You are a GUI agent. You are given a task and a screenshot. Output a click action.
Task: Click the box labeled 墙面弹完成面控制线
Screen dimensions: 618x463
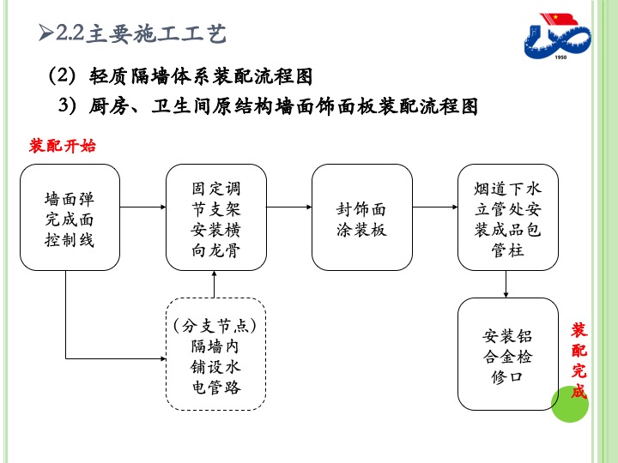70,217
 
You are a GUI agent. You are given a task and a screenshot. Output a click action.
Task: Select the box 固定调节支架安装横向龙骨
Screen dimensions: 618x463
216,217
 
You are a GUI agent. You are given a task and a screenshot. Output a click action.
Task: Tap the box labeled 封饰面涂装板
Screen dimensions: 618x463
362,217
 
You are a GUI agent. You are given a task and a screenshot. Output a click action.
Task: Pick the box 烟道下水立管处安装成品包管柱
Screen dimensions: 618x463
507,217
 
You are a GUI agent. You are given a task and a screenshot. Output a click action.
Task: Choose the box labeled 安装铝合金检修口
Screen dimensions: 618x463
507,354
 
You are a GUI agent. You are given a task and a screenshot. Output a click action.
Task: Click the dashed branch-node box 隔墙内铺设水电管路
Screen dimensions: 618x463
216,354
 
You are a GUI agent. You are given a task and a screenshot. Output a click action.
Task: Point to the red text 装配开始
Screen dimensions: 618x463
63,146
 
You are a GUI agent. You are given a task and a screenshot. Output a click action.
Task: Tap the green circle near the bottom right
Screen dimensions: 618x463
570,404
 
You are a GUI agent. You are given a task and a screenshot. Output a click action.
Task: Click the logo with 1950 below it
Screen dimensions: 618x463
557,36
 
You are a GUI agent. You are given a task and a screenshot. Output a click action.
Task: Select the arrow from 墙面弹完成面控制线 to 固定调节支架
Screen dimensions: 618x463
143,207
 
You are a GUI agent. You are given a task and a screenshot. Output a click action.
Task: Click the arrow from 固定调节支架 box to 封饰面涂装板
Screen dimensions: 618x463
289,207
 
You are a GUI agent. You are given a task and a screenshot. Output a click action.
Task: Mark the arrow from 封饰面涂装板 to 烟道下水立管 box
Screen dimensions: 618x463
435,207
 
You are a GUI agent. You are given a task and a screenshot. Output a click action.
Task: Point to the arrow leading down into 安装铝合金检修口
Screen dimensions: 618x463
506,285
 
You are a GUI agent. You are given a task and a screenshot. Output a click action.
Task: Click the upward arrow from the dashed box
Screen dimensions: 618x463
214,285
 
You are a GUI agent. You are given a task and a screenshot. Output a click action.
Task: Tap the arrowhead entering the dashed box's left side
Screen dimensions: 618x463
163,358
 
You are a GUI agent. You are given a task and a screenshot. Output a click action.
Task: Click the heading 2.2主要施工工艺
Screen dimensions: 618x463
141,33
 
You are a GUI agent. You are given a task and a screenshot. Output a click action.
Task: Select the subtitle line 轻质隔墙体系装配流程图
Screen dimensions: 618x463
201,76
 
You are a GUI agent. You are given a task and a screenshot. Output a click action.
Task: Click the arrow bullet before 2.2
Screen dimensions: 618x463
45,33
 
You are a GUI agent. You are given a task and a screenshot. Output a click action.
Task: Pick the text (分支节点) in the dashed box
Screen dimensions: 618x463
215,326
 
